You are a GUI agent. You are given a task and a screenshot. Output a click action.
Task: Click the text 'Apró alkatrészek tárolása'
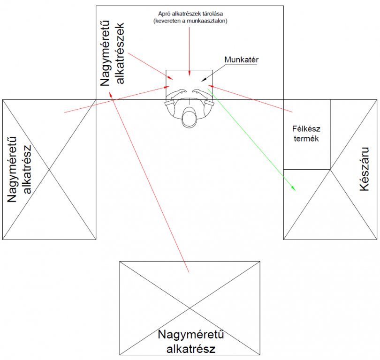[190, 13]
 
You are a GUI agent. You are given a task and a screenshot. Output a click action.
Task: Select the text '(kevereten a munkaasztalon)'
[190, 21]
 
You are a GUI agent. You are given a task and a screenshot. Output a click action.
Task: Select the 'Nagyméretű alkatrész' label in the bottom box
[190, 342]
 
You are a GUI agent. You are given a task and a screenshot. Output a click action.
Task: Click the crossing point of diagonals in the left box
[49, 169]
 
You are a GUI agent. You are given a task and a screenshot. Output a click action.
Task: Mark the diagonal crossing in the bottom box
[190, 308]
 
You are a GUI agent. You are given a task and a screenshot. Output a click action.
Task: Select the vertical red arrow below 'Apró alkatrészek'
[189, 52]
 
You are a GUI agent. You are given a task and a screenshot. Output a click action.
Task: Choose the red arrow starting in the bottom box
[150, 183]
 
